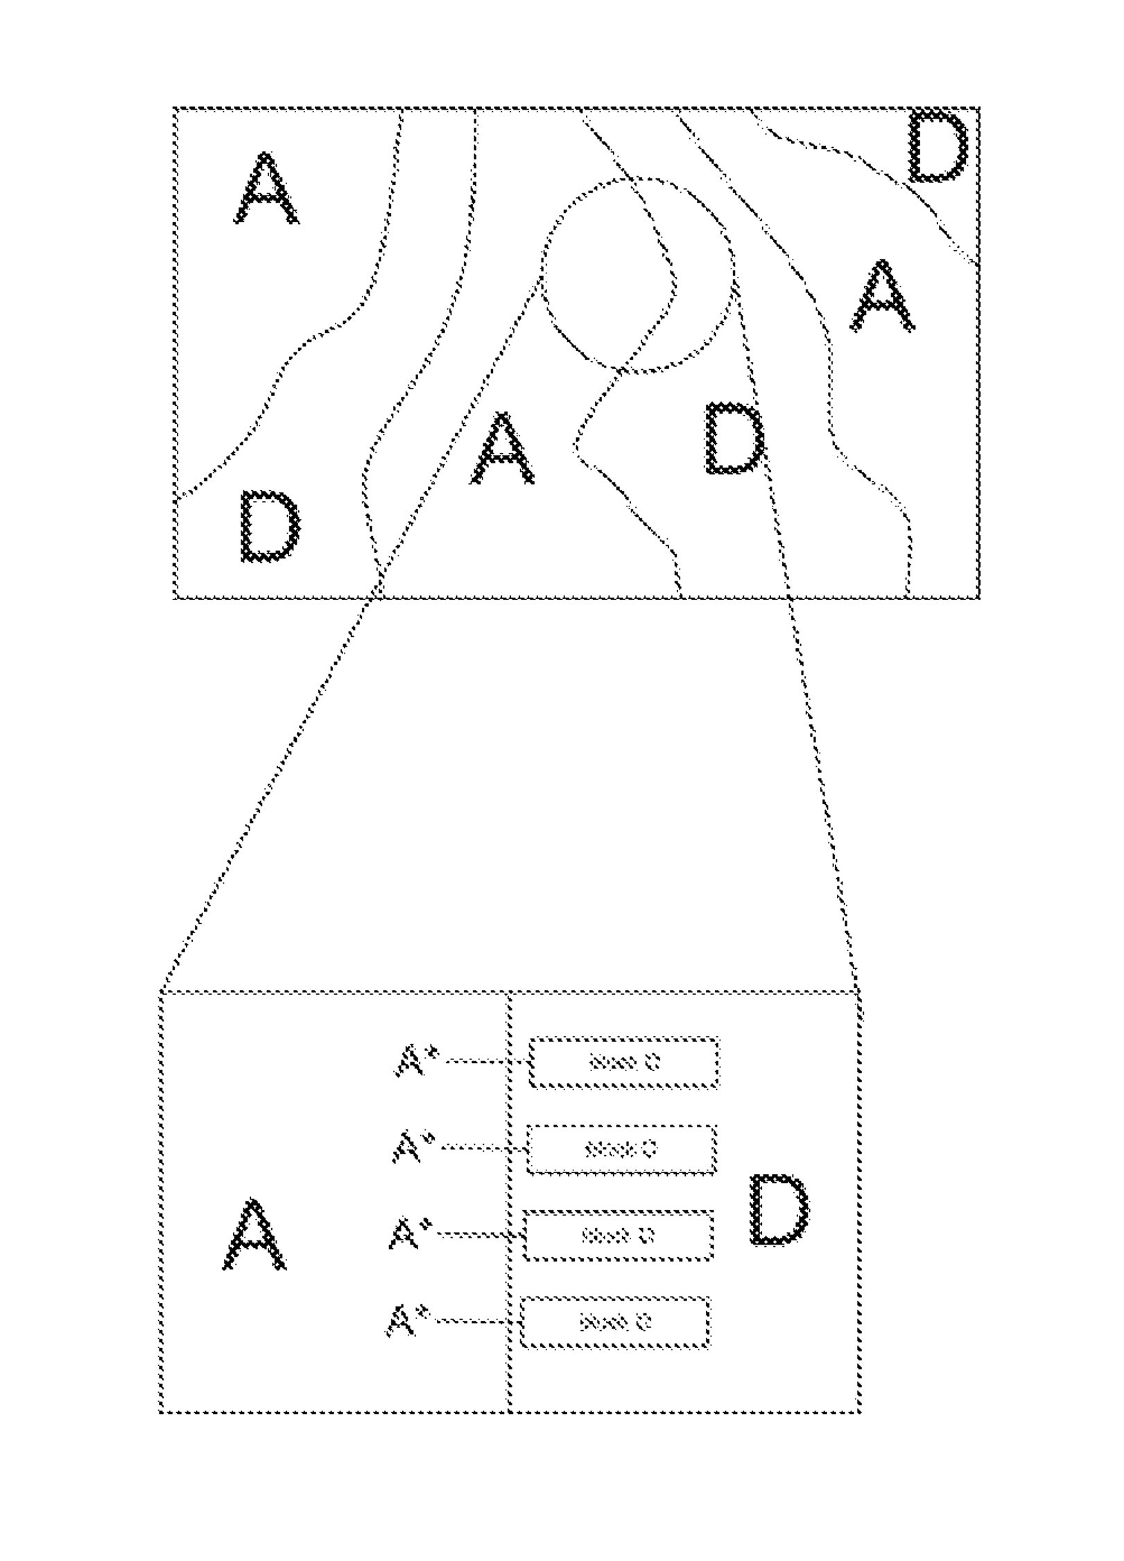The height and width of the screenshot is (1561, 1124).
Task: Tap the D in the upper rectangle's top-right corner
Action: click(937, 147)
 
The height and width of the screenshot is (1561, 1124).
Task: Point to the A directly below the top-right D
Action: click(882, 296)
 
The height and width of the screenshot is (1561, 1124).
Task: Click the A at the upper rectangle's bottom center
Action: click(502, 449)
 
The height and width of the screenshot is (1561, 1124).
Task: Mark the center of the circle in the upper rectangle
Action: click(639, 275)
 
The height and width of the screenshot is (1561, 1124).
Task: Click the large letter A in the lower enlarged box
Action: click(253, 1234)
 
